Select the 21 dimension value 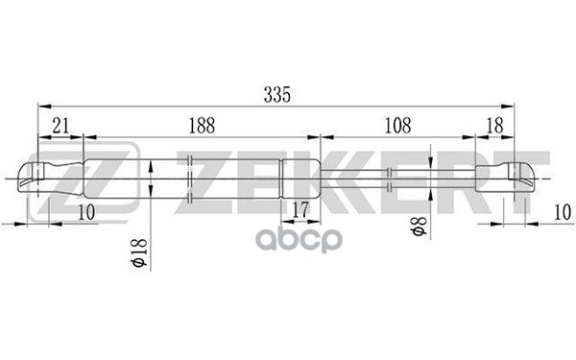point(60,126)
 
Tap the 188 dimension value point(201,126)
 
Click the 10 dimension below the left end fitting point(87,212)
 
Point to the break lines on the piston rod point(391,177)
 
